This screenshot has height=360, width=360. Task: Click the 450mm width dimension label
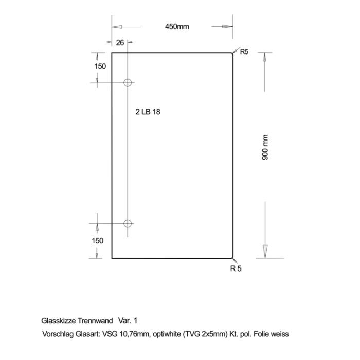(177, 27)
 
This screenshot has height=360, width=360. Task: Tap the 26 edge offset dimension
(120, 43)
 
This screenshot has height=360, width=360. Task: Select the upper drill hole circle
(128, 79)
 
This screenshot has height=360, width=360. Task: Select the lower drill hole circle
(128, 220)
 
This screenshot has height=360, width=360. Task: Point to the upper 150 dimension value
(100, 66)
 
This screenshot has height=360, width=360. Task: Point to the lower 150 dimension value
(98, 241)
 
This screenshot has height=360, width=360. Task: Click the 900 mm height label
(265, 148)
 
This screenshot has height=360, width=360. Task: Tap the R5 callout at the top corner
(244, 52)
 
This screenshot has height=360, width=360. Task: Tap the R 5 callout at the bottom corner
(236, 268)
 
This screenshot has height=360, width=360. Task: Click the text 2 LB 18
(148, 112)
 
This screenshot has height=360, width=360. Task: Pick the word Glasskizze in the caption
(59, 321)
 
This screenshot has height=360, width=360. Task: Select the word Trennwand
(95, 321)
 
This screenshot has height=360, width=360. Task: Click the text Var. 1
(128, 321)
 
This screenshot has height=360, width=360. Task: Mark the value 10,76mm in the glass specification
(134, 334)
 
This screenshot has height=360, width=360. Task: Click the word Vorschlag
(58, 334)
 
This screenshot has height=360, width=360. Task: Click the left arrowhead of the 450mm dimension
(117, 27)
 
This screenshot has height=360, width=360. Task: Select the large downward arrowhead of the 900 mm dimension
(265, 251)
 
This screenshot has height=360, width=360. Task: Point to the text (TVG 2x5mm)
(205, 334)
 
